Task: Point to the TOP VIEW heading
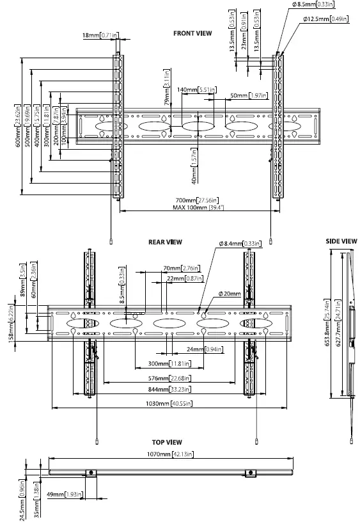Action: click(166, 442)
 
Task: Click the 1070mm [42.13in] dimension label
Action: click(171, 454)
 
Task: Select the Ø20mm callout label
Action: click(229, 294)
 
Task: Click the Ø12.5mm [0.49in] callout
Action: click(325, 19)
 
